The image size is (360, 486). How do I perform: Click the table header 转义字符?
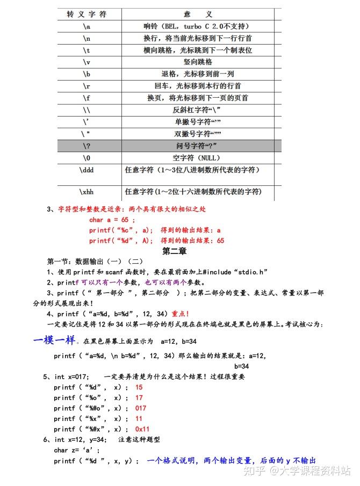click(87, 14)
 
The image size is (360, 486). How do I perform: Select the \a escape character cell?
click(87, 26)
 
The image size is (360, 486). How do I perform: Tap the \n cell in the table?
click(87, 38)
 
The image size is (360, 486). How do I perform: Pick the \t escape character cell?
click(87, 50)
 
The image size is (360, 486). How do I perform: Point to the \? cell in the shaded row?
click(87, 146)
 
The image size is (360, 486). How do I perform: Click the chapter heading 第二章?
click(174, 251)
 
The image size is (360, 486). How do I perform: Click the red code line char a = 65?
click(112, 220)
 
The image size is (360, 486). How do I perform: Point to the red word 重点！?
click(180, 314)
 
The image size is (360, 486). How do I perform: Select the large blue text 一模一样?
click(54, 340)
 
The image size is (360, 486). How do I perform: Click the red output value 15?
click(139, 387)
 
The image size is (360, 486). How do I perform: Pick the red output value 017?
click(140, 408)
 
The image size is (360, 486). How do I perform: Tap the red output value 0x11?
click(142, 429)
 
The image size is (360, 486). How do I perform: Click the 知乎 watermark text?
click(255, 471)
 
